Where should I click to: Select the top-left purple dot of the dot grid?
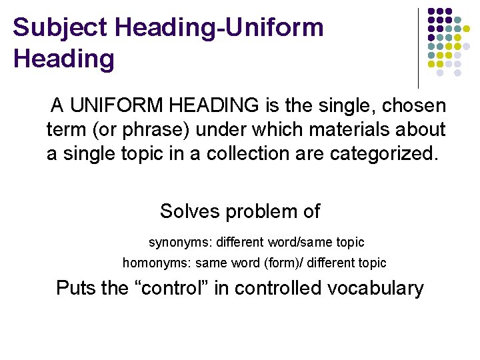click(432, 12)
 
